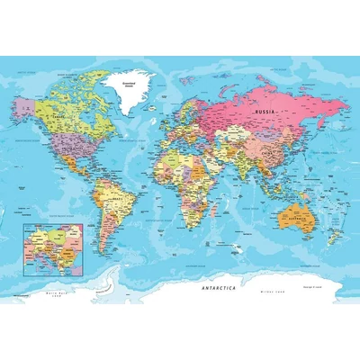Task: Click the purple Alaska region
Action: tap(24, 105)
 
